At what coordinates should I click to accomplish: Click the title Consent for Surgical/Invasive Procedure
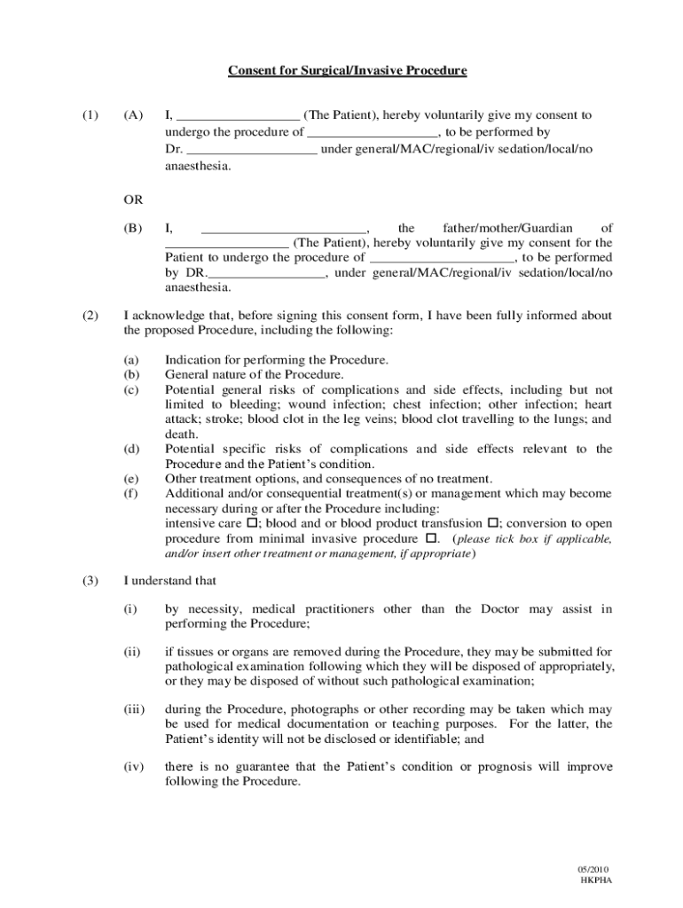pyautogui.click(x=348, y=70)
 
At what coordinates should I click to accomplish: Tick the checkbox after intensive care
pyautogui.click(x=251, y=523)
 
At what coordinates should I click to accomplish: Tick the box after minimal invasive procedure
pyautogui.click(x=432, y=538)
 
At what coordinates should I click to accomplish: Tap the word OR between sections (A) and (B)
pyautogui.click(x=133, y=199)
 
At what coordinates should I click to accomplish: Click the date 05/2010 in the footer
pyautogui.click(x=595, y=870)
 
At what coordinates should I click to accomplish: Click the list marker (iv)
pyautogui.click(x=133, y=767)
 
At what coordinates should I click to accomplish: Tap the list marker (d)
pyautogui.click(x=131, y=450)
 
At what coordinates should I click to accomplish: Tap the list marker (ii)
pyautogui.click(x=132, y=652)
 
